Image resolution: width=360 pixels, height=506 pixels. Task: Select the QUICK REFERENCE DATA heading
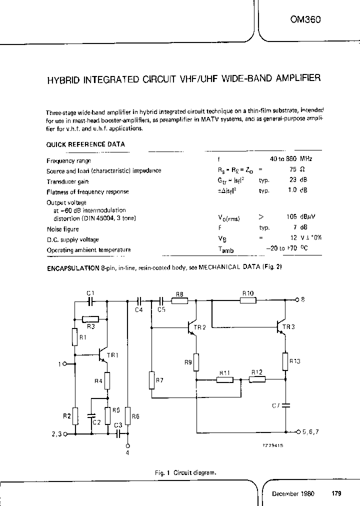(x=85, y=144)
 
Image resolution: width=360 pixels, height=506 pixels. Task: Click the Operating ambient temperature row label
(x=88, y=250)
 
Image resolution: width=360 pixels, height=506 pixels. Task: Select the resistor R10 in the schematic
(x=248, y=300)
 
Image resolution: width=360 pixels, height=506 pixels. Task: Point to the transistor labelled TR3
(x=281, y=326)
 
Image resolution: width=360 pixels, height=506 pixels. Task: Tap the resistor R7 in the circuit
(x=151, y=380)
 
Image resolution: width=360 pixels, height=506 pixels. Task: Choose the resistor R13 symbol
(x=285, y=360)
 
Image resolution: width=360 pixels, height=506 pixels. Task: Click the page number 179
(x=336, y=493)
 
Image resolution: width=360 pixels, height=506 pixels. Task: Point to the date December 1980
(x=293, y=493)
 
